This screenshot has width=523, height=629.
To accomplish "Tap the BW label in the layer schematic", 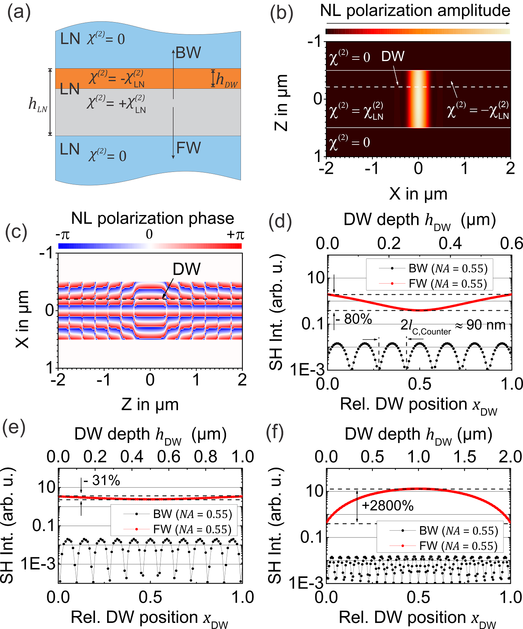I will click(188, 53).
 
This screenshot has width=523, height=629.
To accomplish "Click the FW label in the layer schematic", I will click(188, 148).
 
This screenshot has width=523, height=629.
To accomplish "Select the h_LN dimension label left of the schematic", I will click(38, 104).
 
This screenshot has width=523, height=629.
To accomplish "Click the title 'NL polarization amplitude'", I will click(415, 10).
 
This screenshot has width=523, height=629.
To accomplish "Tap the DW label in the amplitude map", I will click(393, 56).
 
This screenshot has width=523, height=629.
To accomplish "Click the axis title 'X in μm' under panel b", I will click(418, 194).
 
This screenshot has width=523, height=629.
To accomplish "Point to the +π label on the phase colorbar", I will click(235, 234).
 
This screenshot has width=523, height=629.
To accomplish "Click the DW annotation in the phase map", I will click(186, 269).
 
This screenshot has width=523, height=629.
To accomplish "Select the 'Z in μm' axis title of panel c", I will click(150, 404).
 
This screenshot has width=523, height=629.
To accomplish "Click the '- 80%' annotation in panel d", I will click(354, 319).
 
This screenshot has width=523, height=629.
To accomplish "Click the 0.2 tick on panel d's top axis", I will click(389, 243).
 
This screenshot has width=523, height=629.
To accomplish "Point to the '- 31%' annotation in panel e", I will click(102, 481).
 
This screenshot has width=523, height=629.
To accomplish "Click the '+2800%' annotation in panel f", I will click(388, 506).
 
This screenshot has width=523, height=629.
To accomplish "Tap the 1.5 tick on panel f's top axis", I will click(465, 456).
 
